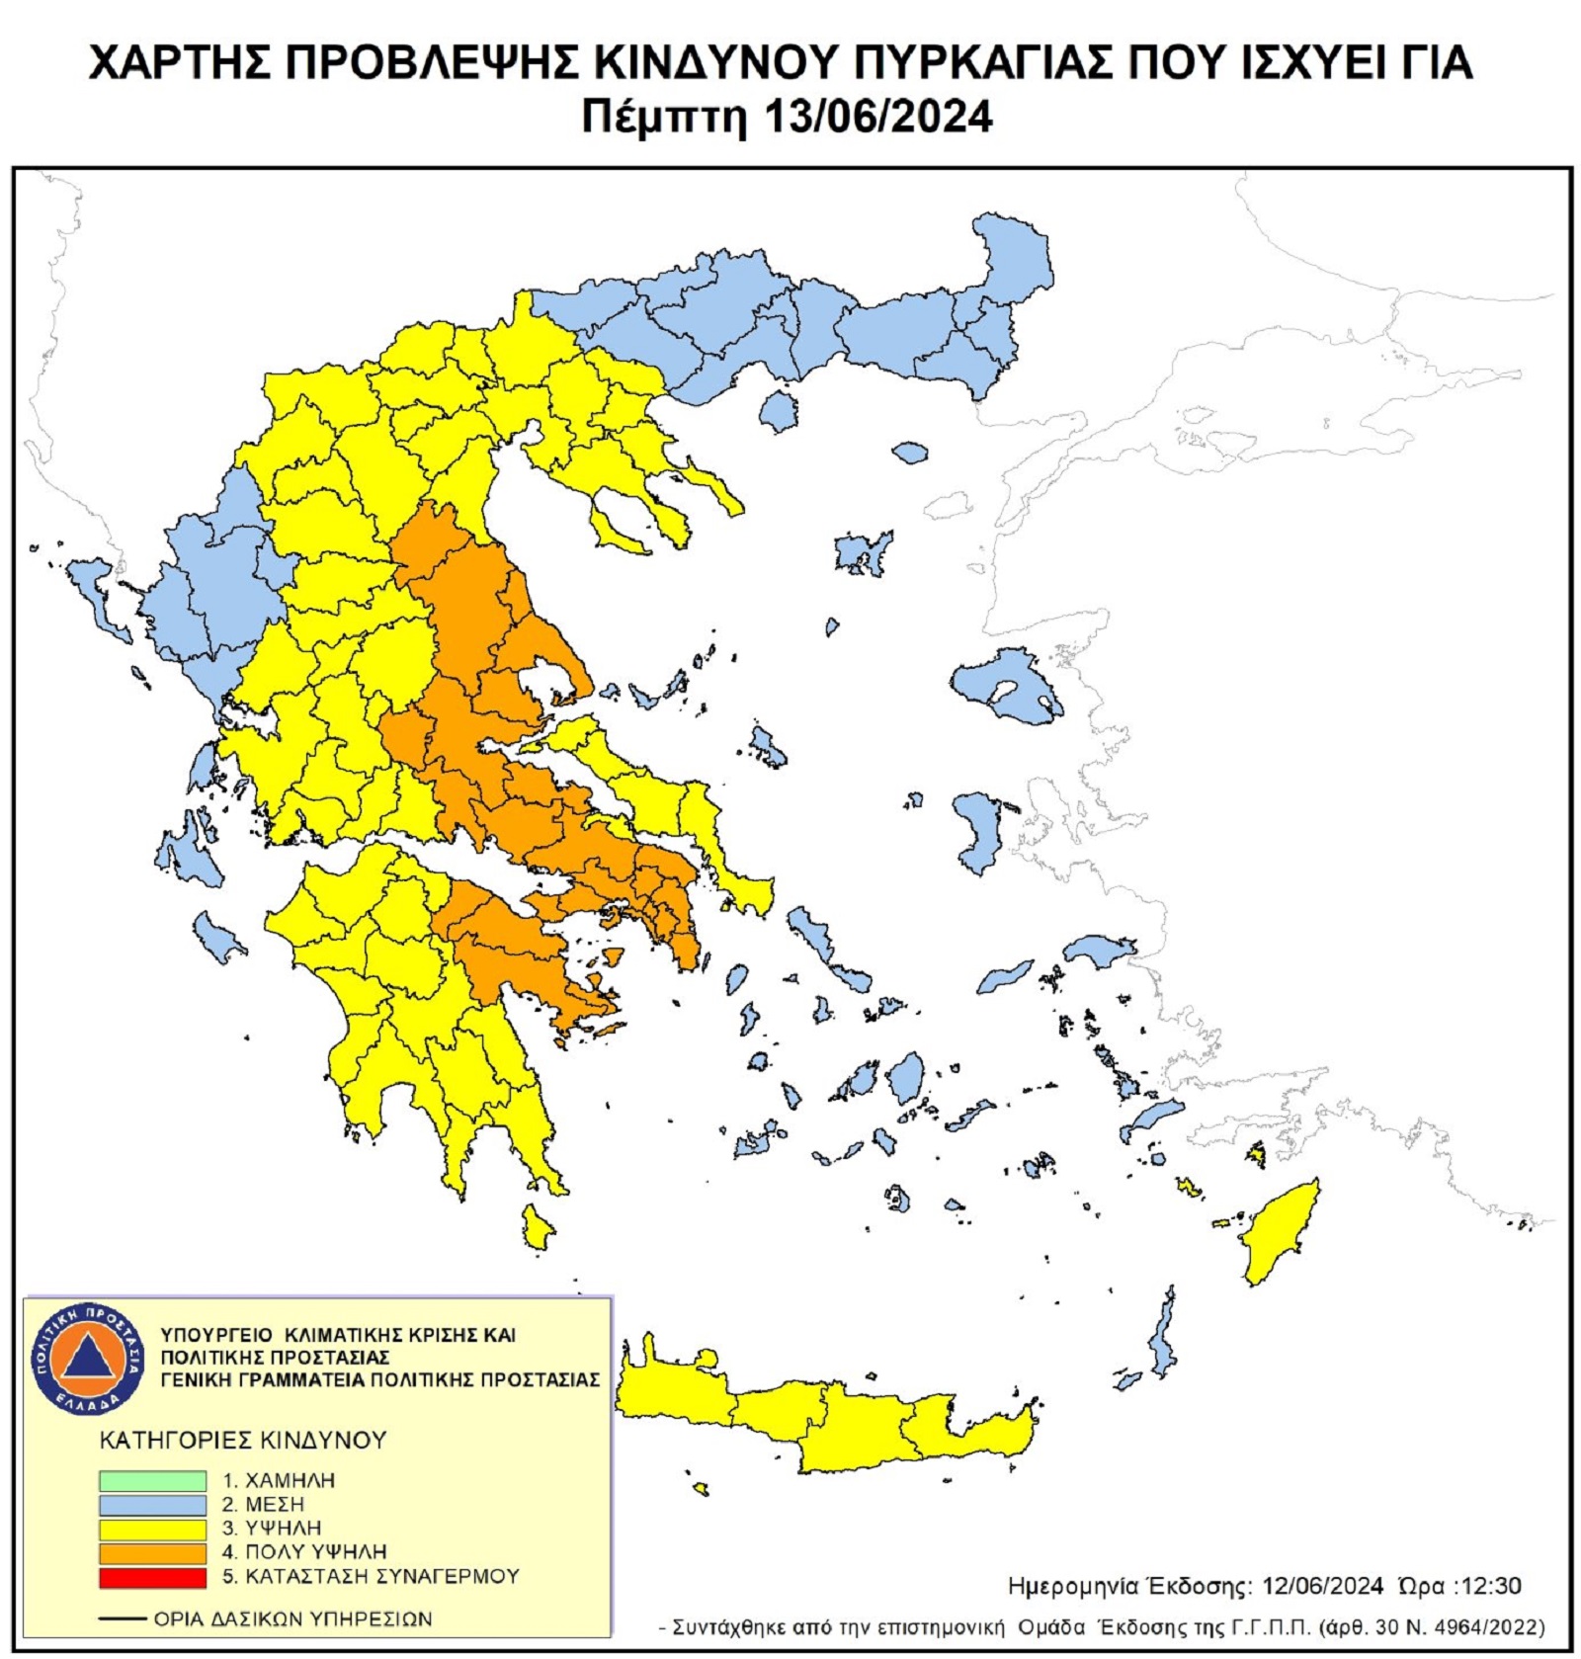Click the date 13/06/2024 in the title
pyautogui.click(x=877, y=117)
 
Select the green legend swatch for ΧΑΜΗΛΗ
pyautogui.click(x=152, y=1480)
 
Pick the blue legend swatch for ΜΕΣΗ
pyautogui.click(x=152, y=1504)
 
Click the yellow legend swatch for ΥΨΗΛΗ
pyautogui.click(x=152, y=1528)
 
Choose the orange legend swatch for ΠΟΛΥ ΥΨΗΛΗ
pyautogui.click(x=152, y=1551)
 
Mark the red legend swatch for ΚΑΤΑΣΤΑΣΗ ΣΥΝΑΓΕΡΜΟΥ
pyautogui.click(x=152, y=1576)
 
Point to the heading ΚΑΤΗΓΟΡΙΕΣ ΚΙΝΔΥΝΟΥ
pyautogui.click(x=242, y=1440)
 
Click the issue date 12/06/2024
pyautogui.click(x=1322, y=1586)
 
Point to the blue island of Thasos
pyautogui.click(x=779, y=411)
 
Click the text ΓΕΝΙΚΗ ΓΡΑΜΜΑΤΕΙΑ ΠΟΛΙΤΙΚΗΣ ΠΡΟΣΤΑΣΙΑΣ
pyautogui.click(x=379, y=1379)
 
